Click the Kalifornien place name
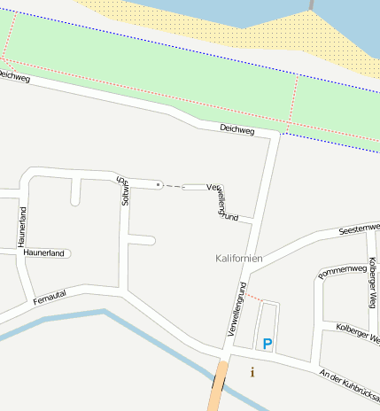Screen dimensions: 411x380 click(x=239, y=258)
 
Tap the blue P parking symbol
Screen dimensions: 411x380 click(x=268, y=342)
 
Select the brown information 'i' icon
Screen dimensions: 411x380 click(x=252, y=372)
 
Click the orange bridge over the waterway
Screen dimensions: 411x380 click(x=218, y=386)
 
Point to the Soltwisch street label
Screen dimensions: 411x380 click(x=124, y=190)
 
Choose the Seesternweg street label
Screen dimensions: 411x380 click(x=359, y=229)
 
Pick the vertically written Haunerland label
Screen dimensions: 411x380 click(x=22, y=227)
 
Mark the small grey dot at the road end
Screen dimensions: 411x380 click(x=159, y=184)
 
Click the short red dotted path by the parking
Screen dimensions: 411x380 click(x=253, y=296)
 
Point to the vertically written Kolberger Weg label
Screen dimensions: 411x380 click(x=372, y=283)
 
